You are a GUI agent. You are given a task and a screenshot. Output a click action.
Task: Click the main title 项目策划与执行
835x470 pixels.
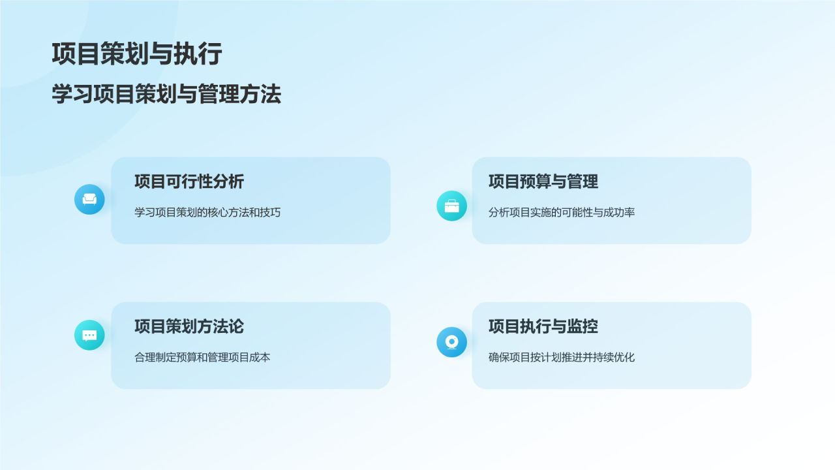(x=137, y=54)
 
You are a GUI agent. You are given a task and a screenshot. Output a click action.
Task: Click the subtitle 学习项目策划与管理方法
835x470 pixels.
(x=166, y=95)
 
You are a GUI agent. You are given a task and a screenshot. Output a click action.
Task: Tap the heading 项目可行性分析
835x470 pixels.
(x=189, y=181)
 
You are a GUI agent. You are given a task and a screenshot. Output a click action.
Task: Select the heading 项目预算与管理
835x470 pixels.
(x=543, y=181)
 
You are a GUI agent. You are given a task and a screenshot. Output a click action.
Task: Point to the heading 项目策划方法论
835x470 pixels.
(x=189, y=326)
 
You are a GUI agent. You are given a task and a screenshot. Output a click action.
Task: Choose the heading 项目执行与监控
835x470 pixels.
(x=543, y=326)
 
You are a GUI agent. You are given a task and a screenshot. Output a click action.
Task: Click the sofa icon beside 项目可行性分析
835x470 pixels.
(x=89, y=200)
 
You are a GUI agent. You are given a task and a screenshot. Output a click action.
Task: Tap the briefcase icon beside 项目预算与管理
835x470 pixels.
(x=451, y=206)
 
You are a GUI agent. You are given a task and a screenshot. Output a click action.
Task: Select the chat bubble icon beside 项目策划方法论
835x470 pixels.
(x=89, y=335)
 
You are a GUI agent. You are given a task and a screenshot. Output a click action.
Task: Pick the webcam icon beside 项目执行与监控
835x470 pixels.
(x=451, y=342)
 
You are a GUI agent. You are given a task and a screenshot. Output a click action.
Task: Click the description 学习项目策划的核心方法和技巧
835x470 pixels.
(x=207, y=212)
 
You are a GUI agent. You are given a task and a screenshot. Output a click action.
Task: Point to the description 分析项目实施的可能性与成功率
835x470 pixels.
(x=562, y=212)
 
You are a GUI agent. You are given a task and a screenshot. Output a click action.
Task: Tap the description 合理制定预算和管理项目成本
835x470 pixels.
(x=202, y=357)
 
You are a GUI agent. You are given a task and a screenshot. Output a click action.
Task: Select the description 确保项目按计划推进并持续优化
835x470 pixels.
(x=562, y=357)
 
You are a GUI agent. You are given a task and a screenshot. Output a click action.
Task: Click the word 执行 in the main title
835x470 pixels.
(x=198, y=54)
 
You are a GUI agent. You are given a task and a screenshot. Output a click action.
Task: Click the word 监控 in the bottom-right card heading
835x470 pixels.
(x=583, y=326)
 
